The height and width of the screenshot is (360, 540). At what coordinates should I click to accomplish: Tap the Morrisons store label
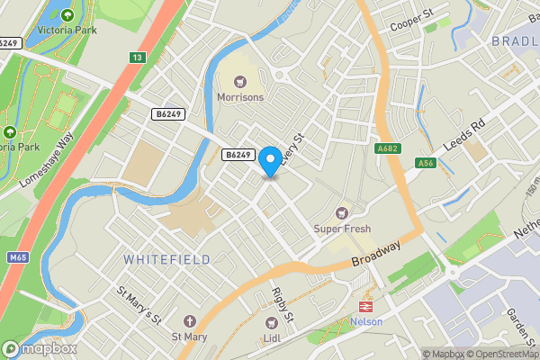(240, 96)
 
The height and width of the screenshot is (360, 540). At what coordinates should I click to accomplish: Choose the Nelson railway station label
(366, 322)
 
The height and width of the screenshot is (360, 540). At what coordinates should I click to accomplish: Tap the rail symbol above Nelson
(366, 307)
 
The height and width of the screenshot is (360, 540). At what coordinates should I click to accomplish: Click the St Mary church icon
(189, 321)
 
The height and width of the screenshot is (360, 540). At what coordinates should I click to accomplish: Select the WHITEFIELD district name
(167, 259)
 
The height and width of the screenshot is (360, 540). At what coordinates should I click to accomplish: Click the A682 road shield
(388, 148)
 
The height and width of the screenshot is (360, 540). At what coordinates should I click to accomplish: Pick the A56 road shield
(427, 162)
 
